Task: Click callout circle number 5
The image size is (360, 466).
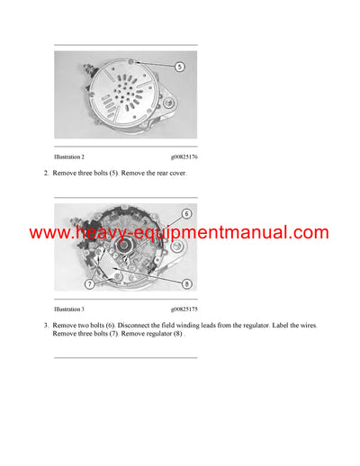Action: click(x=179, y=67)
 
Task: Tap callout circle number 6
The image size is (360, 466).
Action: click(x=185, y=213)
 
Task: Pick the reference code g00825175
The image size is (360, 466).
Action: click(x=184, y=309)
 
